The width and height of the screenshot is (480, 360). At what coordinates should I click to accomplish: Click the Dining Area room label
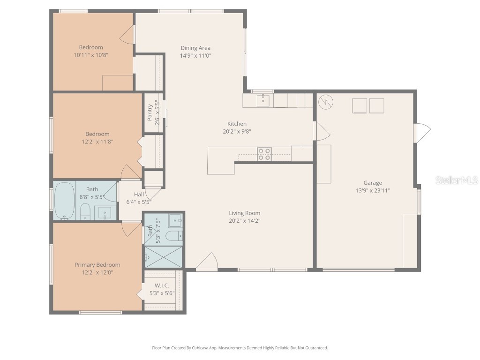[195, 48]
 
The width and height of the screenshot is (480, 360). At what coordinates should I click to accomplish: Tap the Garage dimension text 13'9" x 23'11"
[373, 190]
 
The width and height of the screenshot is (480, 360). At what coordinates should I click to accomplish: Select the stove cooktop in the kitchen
[264, 154]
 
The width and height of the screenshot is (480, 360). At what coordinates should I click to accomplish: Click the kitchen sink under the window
[263, 100]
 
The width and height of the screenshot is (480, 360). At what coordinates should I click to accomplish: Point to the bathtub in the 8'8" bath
[65, 201]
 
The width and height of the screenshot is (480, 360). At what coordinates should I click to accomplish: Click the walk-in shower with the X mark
[163, 257]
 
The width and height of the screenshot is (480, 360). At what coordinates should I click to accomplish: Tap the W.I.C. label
[162, 285]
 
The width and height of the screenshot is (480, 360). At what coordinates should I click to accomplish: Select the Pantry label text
[150, 112]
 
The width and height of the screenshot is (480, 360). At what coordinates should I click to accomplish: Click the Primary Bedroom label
[97, 265]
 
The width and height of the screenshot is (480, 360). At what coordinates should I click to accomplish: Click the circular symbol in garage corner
[325, 101]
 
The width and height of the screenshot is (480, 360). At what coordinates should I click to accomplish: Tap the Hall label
[139, 195]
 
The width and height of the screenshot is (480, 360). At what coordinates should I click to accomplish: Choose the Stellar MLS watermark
[456, 180]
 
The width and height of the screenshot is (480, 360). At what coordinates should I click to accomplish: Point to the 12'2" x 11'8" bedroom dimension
[97, 141]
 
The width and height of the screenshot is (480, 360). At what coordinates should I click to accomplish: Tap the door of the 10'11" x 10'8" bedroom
[127, 34]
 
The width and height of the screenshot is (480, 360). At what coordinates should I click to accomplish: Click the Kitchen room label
[237, 124]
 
